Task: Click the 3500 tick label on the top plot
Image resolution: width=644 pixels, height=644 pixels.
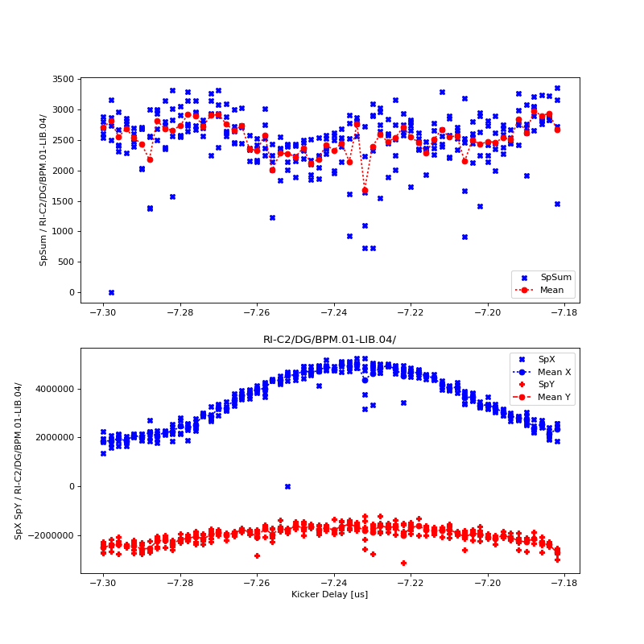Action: pyautogui.click(x=63, y=79)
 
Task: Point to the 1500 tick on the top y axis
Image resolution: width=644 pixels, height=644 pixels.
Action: pyautogui.click(x=63, y=201)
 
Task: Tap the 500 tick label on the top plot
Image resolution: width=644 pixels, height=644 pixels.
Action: pyautogui.click(x=65, y=262)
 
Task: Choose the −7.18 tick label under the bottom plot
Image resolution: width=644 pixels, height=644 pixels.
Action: pyautogui.click(x=564, y=583)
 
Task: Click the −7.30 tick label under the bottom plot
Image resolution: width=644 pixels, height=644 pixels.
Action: pyautogui.click(x=103, y=583)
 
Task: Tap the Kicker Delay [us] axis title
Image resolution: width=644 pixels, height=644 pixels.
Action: pyautogui.click(x=329, y=595)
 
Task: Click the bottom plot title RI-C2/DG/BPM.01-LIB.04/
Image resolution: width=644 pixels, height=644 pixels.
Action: pyautogui.click(x=329, y=340)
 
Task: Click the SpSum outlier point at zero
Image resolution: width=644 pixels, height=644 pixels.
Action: pyautogui.click(x=111, y=292)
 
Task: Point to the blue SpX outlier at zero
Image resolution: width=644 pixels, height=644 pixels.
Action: pyautogui.click(x=287, y=486)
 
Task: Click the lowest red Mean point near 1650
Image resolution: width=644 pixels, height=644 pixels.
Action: pyautogui.click(x=365, y=191)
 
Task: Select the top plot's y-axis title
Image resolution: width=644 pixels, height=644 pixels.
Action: pyautogui.click(x=43, y=190)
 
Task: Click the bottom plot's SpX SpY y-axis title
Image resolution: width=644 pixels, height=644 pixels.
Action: pyautogui.click(x=19, y=460)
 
